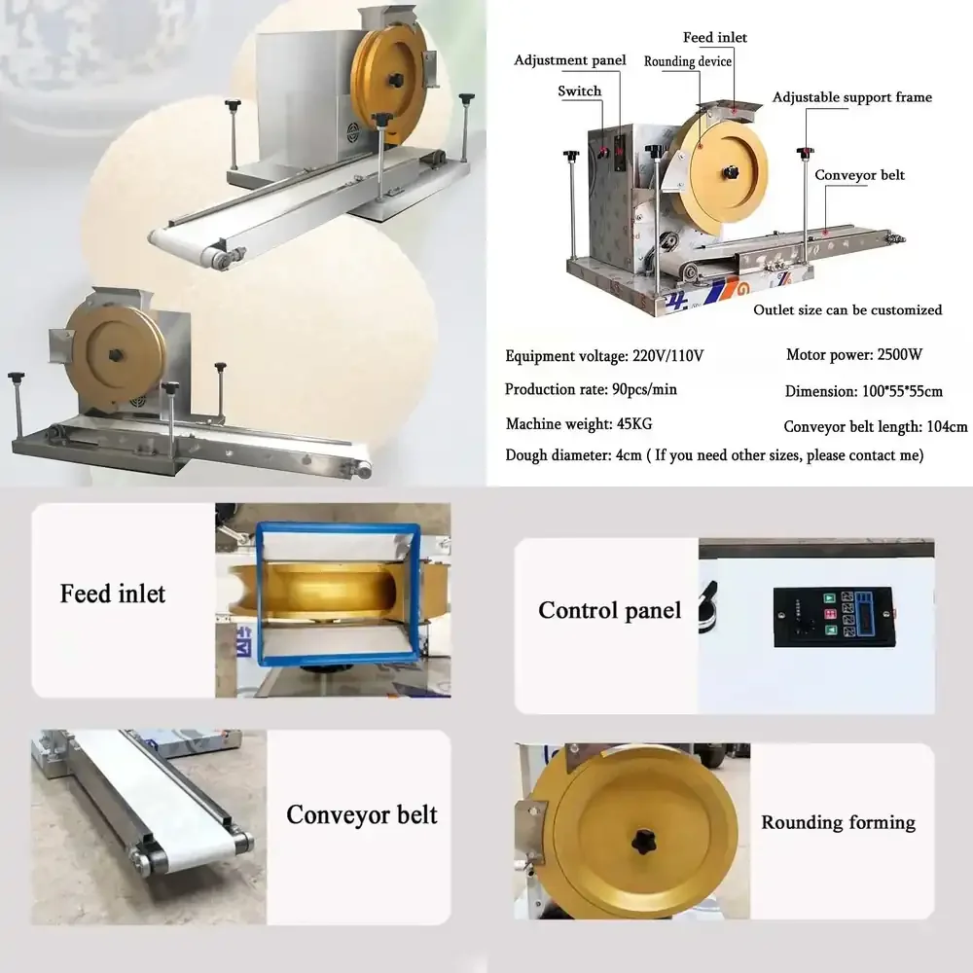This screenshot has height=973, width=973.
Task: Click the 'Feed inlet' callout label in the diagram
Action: point(714,38)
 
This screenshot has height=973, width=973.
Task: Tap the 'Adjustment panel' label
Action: point(570,60)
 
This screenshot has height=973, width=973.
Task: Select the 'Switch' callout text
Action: point(580,90)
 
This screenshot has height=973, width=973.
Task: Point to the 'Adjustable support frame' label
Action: point(852,97)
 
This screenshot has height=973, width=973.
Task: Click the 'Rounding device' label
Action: point(688,61)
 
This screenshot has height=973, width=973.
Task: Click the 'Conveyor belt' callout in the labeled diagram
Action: point(859,175)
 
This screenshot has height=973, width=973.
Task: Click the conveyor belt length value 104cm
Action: point(945,426)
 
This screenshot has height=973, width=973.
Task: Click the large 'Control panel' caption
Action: point(610,611)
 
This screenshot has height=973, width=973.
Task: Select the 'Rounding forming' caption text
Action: point(838,822)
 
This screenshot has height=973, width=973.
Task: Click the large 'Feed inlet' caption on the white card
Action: point(113,594)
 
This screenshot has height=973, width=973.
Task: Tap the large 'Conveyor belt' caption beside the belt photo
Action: point(361,814)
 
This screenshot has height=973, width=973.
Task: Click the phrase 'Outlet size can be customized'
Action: point(847,309)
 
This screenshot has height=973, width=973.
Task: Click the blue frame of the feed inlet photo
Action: point(260,594)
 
